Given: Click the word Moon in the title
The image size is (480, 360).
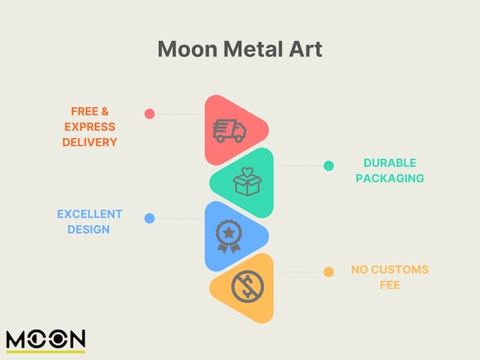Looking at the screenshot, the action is (187, 50).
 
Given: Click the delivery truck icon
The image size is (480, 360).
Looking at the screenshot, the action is (229, 131).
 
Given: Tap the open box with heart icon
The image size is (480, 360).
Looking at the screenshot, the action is (247, 182).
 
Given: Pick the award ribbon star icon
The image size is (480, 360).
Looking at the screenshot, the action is (229, 236).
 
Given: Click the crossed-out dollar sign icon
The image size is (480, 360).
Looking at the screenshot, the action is (247, 286).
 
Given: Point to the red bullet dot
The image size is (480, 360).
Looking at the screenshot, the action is (149, 114).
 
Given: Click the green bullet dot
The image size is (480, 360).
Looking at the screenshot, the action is (329, 166).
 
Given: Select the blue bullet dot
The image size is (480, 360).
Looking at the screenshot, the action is (149, 219).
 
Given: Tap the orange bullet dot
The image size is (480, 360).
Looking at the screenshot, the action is (329, 272).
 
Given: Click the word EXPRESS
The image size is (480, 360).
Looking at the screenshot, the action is (89, 127).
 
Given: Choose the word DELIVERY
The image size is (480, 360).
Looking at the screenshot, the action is (89, 142).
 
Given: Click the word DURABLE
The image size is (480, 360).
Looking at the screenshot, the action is (390, 163).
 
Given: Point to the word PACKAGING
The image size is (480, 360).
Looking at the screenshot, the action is (390, 178).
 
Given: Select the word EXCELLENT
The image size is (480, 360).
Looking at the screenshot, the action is (89, 214).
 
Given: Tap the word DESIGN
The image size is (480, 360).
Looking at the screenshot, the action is (88, 230).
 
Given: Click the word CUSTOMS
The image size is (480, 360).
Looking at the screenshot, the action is (400, 269).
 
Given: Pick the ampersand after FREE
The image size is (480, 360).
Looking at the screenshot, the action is (105, 111).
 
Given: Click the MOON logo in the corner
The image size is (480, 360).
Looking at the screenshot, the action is (46, 341).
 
